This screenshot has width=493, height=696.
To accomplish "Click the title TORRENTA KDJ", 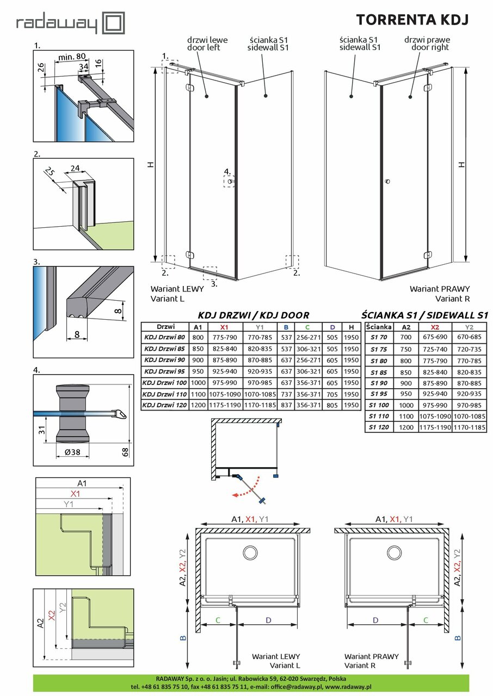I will (x=412, y=20).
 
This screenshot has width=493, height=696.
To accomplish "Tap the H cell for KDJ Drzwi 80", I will (x=352, y=337).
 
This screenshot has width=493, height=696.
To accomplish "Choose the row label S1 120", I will (x=379, y=427).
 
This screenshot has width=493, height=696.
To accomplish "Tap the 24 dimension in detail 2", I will (x=75, y=169).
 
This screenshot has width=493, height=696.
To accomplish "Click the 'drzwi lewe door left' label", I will (x=207, y=44).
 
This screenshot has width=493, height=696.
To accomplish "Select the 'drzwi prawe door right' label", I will (x=427, y=44).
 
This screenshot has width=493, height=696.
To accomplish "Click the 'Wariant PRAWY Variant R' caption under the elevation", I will (x=439, y=294).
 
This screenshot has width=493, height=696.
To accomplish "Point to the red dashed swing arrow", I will (x=248, y=489).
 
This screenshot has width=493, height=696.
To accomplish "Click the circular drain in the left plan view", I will (x=250, y=553).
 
